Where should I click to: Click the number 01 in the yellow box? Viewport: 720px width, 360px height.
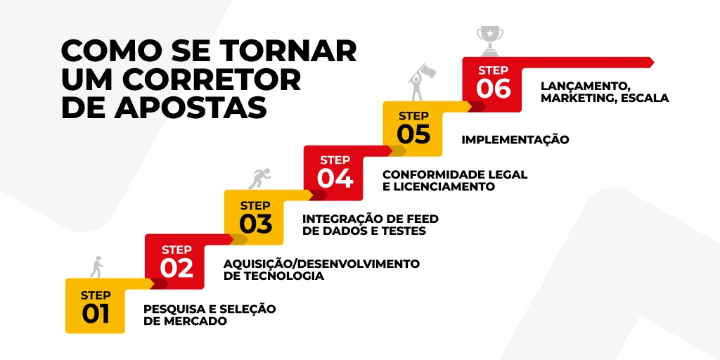pyautogui.click(x=96, y=314)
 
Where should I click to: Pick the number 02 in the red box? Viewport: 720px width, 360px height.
pyautogui.click(x=176, y=268)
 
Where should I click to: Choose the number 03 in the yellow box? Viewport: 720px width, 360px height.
pyautogui.click(x=255, y=224)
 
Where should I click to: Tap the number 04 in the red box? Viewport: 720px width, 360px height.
pyautogui.click(x=335, y=179)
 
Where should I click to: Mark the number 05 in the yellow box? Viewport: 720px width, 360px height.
pyautogui.click(x=413, y=134)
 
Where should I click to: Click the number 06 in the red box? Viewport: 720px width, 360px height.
pyautogui.click(x=493, y=89)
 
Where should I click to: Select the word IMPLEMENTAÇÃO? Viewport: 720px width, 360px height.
pyautogui.click(x=515, y=140)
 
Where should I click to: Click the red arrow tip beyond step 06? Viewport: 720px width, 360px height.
pyautogui.click(x=650, y=62)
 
